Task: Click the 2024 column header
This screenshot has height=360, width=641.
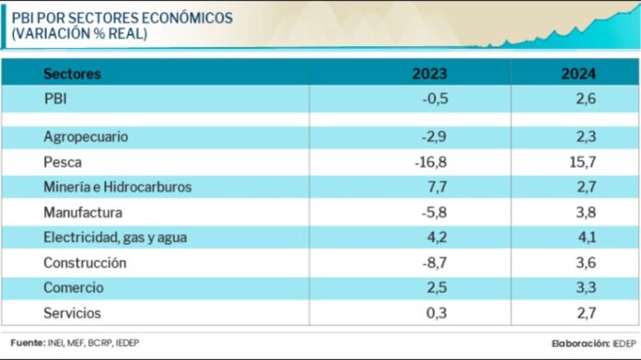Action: (579, 74)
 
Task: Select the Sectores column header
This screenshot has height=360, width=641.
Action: (72, 74)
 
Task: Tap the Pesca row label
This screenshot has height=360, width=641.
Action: (64, 162)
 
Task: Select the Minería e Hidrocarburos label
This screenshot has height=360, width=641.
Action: (117, 187)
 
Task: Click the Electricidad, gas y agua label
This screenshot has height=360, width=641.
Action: (115, 238)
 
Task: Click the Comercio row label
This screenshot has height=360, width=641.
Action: (75, 288)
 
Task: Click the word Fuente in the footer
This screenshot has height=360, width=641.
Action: (27, 343)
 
